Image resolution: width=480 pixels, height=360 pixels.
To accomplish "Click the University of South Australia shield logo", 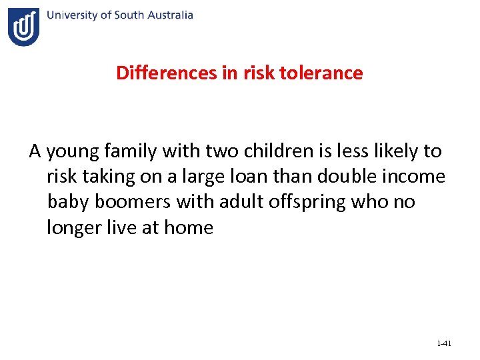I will [x=24, y=27].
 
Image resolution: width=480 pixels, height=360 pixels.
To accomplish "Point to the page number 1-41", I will [x=444, y=343].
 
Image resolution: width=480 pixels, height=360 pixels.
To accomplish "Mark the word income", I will [x=417, y=177].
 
